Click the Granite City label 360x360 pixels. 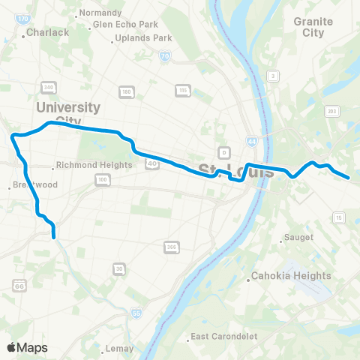click(313, 28)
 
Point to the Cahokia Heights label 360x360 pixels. click(291, 275)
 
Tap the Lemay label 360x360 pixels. click(120, 348)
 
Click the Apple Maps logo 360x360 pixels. click(27, 347)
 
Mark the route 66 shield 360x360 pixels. click(17, 285)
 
